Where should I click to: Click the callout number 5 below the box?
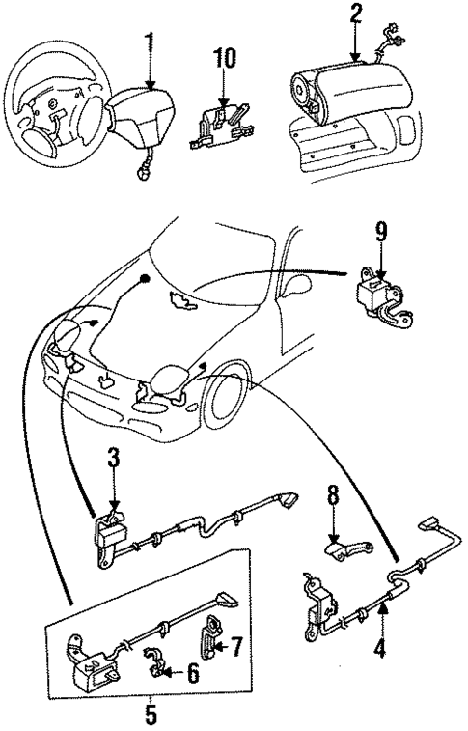pyautogui.click(x=150, y=717)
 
